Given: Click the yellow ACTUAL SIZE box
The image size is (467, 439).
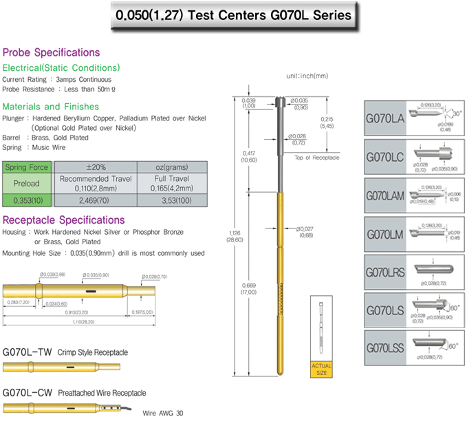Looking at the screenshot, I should click(321, 368).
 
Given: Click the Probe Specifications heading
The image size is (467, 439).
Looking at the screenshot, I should click(52, 52).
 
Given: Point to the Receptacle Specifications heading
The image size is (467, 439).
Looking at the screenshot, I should click(64, 220).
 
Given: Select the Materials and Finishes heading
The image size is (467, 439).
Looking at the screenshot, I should click(51, 107).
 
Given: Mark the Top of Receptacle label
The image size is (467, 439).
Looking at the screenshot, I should click(316, 158).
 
